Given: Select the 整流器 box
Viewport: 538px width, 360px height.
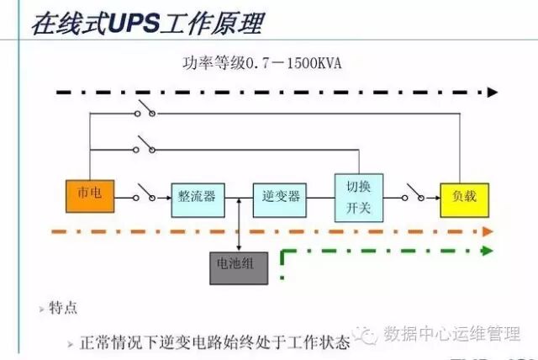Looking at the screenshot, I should [x=197, y=198].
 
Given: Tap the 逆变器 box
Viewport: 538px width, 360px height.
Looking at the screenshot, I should [x=281, y=198].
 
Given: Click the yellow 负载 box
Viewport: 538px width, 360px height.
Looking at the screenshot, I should [x=464, y=198].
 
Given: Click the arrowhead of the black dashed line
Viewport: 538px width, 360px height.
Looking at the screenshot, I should [x=492, y=92].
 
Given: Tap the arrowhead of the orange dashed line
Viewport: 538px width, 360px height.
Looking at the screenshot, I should [x=488, y=230].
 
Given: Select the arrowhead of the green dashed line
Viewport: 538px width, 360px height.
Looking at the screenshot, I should [x=488, y=251].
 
